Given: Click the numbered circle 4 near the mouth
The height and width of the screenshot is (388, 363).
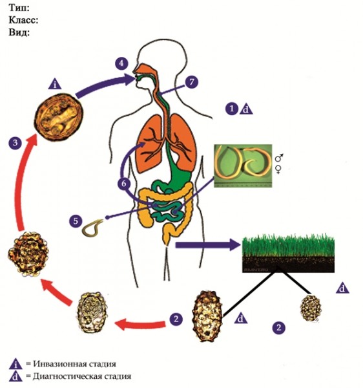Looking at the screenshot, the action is point(121,63).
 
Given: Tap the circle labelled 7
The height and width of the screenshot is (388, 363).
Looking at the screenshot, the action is point(192,81).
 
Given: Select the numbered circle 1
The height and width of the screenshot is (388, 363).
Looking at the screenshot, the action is point(232,109).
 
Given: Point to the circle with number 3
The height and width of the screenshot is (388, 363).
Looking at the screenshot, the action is point(16,143).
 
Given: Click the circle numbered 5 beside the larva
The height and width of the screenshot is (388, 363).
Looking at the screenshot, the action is point(76,221).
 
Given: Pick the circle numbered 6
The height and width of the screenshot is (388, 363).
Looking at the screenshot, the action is point(124,184).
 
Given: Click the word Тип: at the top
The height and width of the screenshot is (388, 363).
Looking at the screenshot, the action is point(19,8).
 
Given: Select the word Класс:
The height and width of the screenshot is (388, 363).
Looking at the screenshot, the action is point(23,20).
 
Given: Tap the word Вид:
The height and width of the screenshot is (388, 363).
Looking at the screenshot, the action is point(19,32).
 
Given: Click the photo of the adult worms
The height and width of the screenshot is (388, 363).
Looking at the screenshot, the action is point(243,166).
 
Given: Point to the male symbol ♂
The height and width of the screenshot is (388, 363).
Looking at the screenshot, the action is point(279,157).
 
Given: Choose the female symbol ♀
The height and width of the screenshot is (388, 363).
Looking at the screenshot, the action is point(278,169).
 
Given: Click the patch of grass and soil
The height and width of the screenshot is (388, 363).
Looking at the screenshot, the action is point(288,253).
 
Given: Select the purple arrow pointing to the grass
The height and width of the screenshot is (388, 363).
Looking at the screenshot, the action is point(207,245).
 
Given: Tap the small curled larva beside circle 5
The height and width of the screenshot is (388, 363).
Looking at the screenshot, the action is point(92,228).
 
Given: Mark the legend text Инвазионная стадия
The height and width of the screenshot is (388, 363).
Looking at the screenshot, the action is point(74,364).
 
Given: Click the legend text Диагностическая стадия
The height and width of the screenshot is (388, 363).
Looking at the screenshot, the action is point(82,376).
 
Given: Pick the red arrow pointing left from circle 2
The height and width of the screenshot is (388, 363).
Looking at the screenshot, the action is point(140,324).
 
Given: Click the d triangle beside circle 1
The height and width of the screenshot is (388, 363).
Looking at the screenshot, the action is point(246,109).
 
